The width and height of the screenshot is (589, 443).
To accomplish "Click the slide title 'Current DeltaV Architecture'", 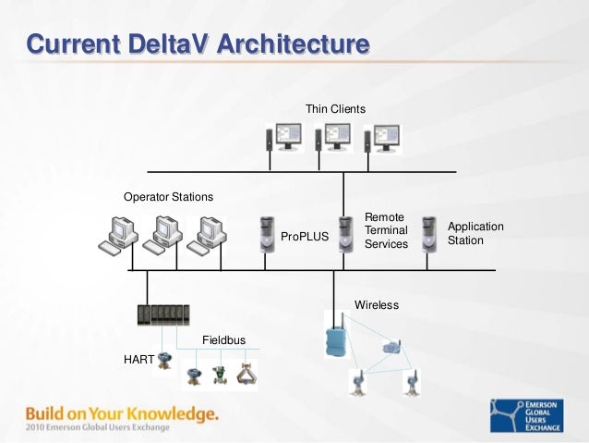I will tap(197, 43).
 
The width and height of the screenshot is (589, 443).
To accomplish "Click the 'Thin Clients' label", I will tap(335, 109).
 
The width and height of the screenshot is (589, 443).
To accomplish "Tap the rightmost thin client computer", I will tap(383, 139).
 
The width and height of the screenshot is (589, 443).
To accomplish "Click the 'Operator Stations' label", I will tap(168, 197).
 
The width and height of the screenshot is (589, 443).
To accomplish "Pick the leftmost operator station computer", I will tap(118, 236).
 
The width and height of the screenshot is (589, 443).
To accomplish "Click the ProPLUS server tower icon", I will tap(267, 233).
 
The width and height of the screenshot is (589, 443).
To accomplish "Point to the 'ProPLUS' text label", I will tap(305, 237).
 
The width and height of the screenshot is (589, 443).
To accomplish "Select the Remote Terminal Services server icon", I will tap(344, 234).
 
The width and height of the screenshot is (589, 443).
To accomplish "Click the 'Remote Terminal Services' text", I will tap(386, 230).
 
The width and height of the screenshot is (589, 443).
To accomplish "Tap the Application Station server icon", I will tap(428, 233).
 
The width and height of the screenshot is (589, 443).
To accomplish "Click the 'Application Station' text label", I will tap(475, 233).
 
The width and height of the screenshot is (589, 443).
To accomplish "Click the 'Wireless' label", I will tap(377, 304).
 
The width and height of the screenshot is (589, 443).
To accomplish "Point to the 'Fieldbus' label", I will tap(223, 340).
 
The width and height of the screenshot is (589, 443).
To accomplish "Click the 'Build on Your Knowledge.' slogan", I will tap(122, 412).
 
